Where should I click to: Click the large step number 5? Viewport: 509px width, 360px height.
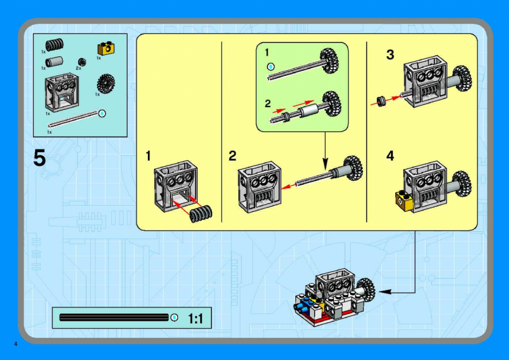click(40, 158)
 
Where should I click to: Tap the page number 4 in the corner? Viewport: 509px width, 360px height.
click(15, 344)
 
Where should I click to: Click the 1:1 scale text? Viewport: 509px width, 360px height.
click(195, 319)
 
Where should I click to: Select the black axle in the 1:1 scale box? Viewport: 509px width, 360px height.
click(114, 317)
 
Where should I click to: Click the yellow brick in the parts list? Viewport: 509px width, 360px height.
click(106, 48)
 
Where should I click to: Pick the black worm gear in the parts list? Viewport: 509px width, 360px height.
click(55, 45)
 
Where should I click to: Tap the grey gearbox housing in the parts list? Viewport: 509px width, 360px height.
click(62, 92)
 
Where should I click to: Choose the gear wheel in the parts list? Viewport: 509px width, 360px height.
click(106, 84)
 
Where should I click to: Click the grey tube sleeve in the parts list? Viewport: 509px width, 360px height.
click(54, 62)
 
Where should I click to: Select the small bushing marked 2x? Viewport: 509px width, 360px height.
click(82, 62)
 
